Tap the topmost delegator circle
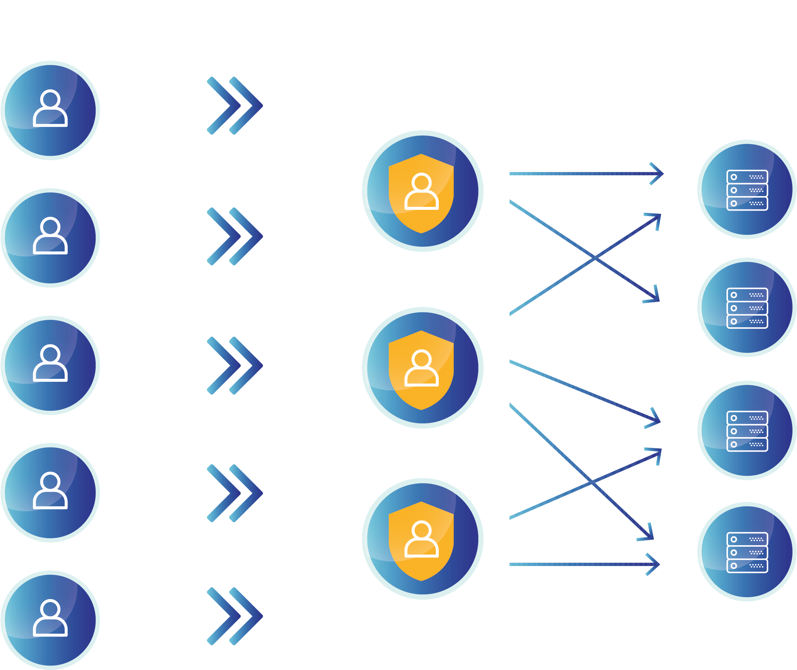(50, 111)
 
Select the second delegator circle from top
(50, 238)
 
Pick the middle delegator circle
(50, 365)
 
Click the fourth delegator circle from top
(50, 492)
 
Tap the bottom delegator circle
(50, 620)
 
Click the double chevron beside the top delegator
(235, 105)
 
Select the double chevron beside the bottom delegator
(235, 616)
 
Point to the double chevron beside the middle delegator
(235, 365)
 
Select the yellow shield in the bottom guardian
(421, 541)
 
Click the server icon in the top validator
(747, 190)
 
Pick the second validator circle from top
(747, 308)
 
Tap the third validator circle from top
(747, 431)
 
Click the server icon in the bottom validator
(747, 552)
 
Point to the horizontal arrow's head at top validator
(659, 173)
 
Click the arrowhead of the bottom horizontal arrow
(655, 565)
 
